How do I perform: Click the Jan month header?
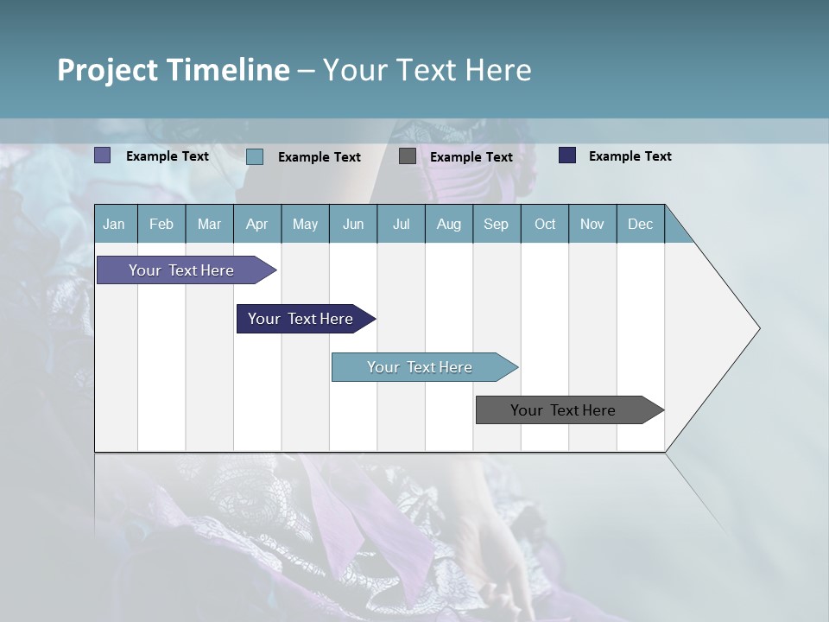coord(115,224)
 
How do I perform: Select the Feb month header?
coord(161,224)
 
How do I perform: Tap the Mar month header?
coord(209,224)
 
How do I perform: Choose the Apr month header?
coord(257,224)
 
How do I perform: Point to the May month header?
coord(305,224)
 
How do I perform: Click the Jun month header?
coord(353,224)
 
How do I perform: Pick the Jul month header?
coord(401,224)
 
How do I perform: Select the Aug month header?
coord(449,224)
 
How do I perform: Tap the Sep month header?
coord(497,224)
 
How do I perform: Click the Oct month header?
coord(545,224)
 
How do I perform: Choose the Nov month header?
coord(592,224)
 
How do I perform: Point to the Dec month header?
coord(641,224)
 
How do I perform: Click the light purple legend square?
coord(103,155)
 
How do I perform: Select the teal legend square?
coord(255,156)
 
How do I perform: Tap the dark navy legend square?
coord(567,155)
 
